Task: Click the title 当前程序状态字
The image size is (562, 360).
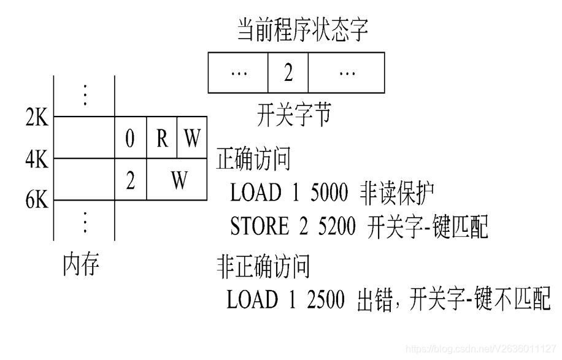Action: pos(302,29)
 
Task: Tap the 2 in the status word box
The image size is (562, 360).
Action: pos(288,72)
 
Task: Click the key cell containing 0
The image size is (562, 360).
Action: pos(130,139)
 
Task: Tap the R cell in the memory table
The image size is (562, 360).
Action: pos(162,139)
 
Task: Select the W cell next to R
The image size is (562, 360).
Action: pos(192,139)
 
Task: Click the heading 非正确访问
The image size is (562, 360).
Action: pos(263,267)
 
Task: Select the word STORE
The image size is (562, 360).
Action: pos(258,227)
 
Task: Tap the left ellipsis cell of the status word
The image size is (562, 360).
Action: pos(238,72)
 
